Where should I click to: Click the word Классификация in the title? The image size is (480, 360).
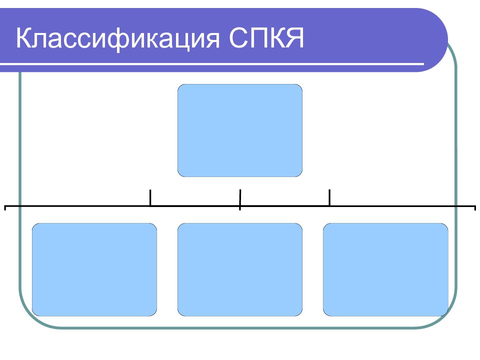(x=118, y=38)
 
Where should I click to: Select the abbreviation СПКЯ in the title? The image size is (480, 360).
(x=266, y=38)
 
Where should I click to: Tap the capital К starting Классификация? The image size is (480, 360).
(x=24, y=38)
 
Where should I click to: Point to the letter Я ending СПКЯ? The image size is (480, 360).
(x=294, y=38)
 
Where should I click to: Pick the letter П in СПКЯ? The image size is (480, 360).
(x=256, y=38)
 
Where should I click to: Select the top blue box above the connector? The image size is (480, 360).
(x=240, y=130)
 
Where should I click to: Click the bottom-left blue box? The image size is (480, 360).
(x=94, y=269)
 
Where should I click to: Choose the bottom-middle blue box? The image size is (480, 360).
(x=240, y=269)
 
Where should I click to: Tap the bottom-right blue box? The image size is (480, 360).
(x=385, y=269)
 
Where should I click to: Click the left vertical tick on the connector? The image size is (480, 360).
(x=150, y=198)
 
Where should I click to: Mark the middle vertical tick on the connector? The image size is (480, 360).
(x=240, y=199)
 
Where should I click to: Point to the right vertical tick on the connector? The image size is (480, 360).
(x=329, y=198)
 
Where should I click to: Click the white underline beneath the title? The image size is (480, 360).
(x=212, y=64)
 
